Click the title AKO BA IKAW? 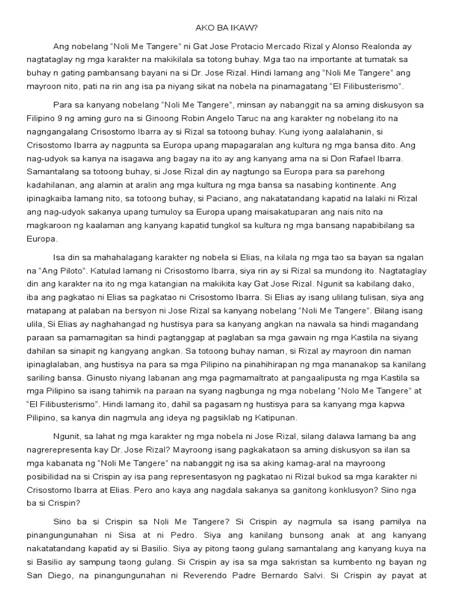click(x=226, y=27)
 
